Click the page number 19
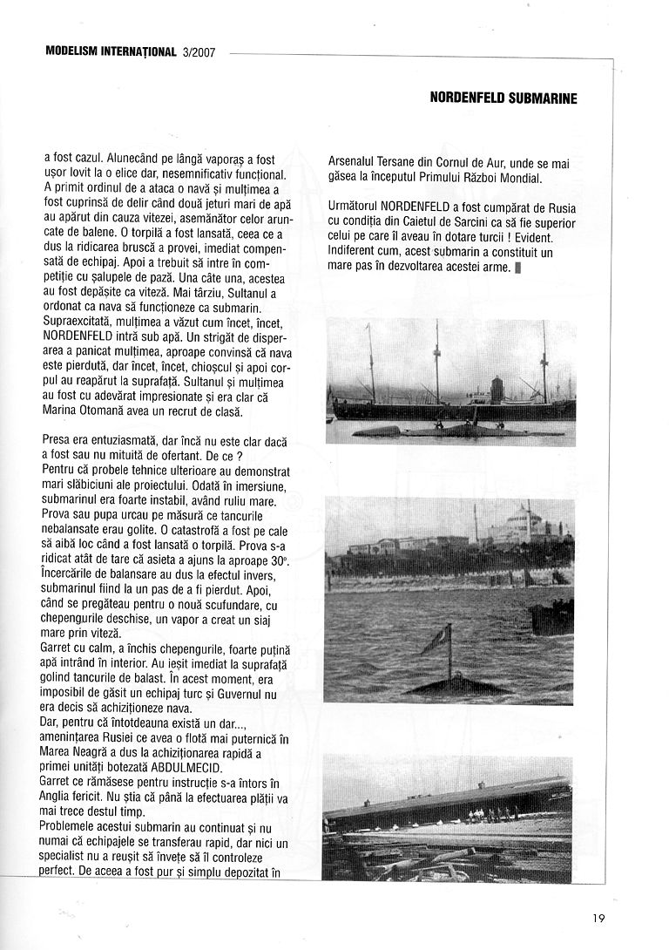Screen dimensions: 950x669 click(597, 917)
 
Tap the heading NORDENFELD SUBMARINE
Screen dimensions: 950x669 click(503, 98)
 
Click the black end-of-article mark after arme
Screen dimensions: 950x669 click(517, 268)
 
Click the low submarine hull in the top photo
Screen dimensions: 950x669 click(453, 431)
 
